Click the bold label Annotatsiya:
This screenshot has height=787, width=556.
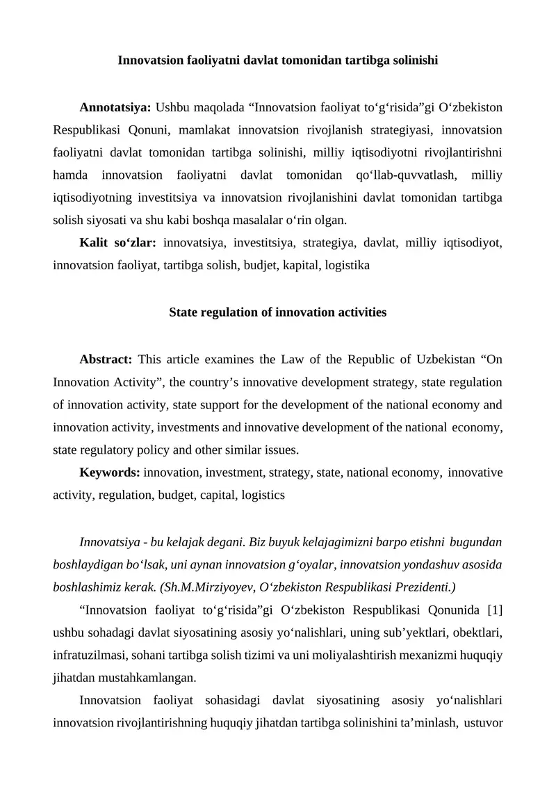[x=115, y=108]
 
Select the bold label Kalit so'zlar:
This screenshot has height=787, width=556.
[x=118, y=243]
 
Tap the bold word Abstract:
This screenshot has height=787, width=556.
[x=106, y=360]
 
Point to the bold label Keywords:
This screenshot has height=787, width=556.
[x=110, y=473]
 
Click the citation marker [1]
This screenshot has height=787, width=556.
[x=495, y=611]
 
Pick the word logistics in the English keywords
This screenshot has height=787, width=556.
[x=262, y=495]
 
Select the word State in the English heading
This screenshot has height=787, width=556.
[x=185, y=313]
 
